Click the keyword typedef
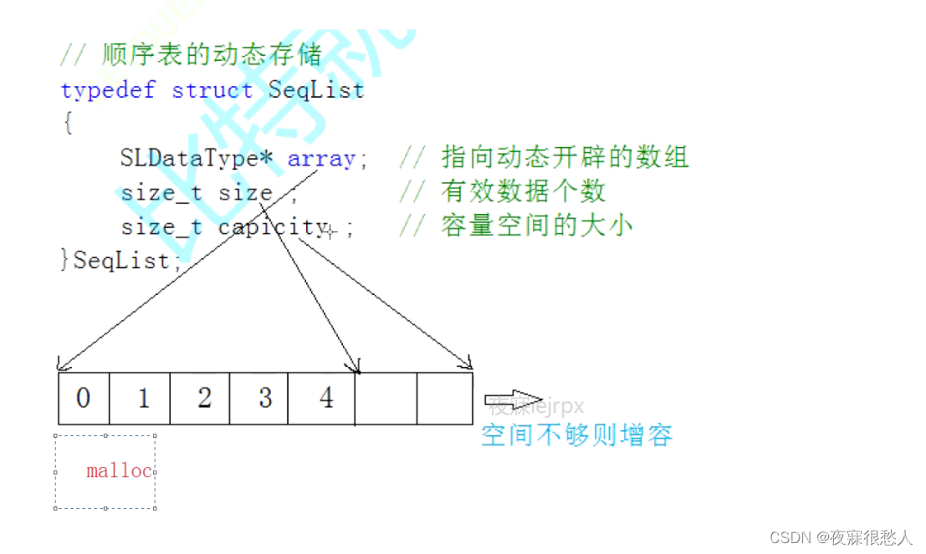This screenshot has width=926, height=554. (x=108, y=90)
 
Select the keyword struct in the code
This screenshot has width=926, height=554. (x=212, y=90)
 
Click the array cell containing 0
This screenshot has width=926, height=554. (x=84, y=398)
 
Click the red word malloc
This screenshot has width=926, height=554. (x=119, y=471)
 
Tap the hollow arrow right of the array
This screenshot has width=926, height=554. (x=514, y=400)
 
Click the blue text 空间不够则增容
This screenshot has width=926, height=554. (x=576, y=435)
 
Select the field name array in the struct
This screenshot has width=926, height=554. (x=321, y=159)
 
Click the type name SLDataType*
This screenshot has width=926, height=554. (x=198, y=159)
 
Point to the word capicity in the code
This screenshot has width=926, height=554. (x=273, y=226)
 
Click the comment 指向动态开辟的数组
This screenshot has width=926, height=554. (x=565, y=157)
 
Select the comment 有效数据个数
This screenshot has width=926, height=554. (x=522, y=192)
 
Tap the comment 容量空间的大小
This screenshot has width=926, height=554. (x=536, y=226)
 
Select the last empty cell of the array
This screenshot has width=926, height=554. (x=444, y=398)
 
